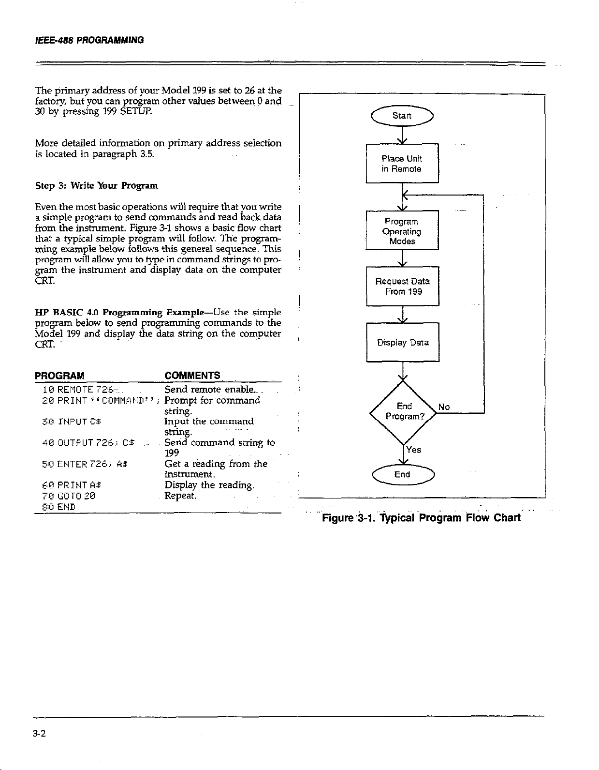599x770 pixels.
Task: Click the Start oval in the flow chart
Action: tap(402, 116)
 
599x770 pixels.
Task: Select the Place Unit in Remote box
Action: tap(402, 164)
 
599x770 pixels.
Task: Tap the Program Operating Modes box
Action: tap(402, 231)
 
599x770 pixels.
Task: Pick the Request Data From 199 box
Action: tap(403, 286)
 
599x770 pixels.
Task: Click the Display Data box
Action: tap(403, 342)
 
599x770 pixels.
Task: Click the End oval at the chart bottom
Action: tap(402, 474)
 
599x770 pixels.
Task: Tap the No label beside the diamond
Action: tap(444, 407)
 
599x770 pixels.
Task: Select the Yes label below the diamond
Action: tap(413, 450)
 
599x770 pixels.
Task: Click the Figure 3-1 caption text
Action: tap(421, 518)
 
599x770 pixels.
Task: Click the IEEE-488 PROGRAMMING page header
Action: tap(89, 40)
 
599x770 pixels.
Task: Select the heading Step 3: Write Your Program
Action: tap(96, 186)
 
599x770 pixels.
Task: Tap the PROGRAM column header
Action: tap(59, 376)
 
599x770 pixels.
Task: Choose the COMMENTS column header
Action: tap(192, 376)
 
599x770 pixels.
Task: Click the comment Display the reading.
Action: tap(209, 485)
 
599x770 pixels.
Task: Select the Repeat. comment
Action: tap(180, 496)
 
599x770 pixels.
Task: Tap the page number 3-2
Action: tap(39, 734)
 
